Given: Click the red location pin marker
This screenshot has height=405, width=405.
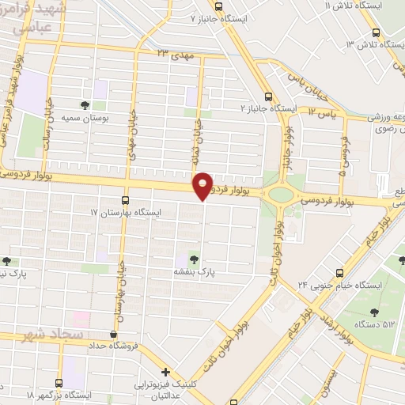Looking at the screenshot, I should (x=203, y=186).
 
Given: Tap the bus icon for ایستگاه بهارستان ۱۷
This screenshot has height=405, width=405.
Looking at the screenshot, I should (x=125, y=200).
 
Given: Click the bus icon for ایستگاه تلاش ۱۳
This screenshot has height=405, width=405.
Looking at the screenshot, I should (x=376, y=33).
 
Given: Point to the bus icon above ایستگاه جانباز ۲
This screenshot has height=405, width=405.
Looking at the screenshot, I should (x=269, y=93).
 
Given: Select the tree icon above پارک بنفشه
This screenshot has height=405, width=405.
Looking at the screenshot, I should (x=195, y=258).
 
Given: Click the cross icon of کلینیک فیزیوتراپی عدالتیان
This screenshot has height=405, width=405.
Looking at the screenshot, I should (x=165, y=372).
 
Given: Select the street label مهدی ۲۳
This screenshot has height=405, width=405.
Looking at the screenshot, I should (x=175, y=54).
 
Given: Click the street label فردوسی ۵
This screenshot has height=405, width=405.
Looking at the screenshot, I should (x=343, y=154).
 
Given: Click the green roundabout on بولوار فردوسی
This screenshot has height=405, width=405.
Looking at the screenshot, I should (x=282, y=194).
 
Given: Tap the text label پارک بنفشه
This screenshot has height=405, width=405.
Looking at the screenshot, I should (x=195, y=271).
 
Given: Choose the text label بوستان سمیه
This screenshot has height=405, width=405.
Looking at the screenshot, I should (x=86, y=117).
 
